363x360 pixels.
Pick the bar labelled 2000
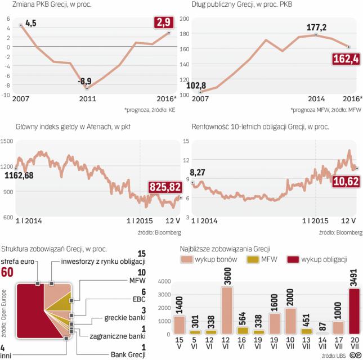[290, 322]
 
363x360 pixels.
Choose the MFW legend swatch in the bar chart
[254, 259]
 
